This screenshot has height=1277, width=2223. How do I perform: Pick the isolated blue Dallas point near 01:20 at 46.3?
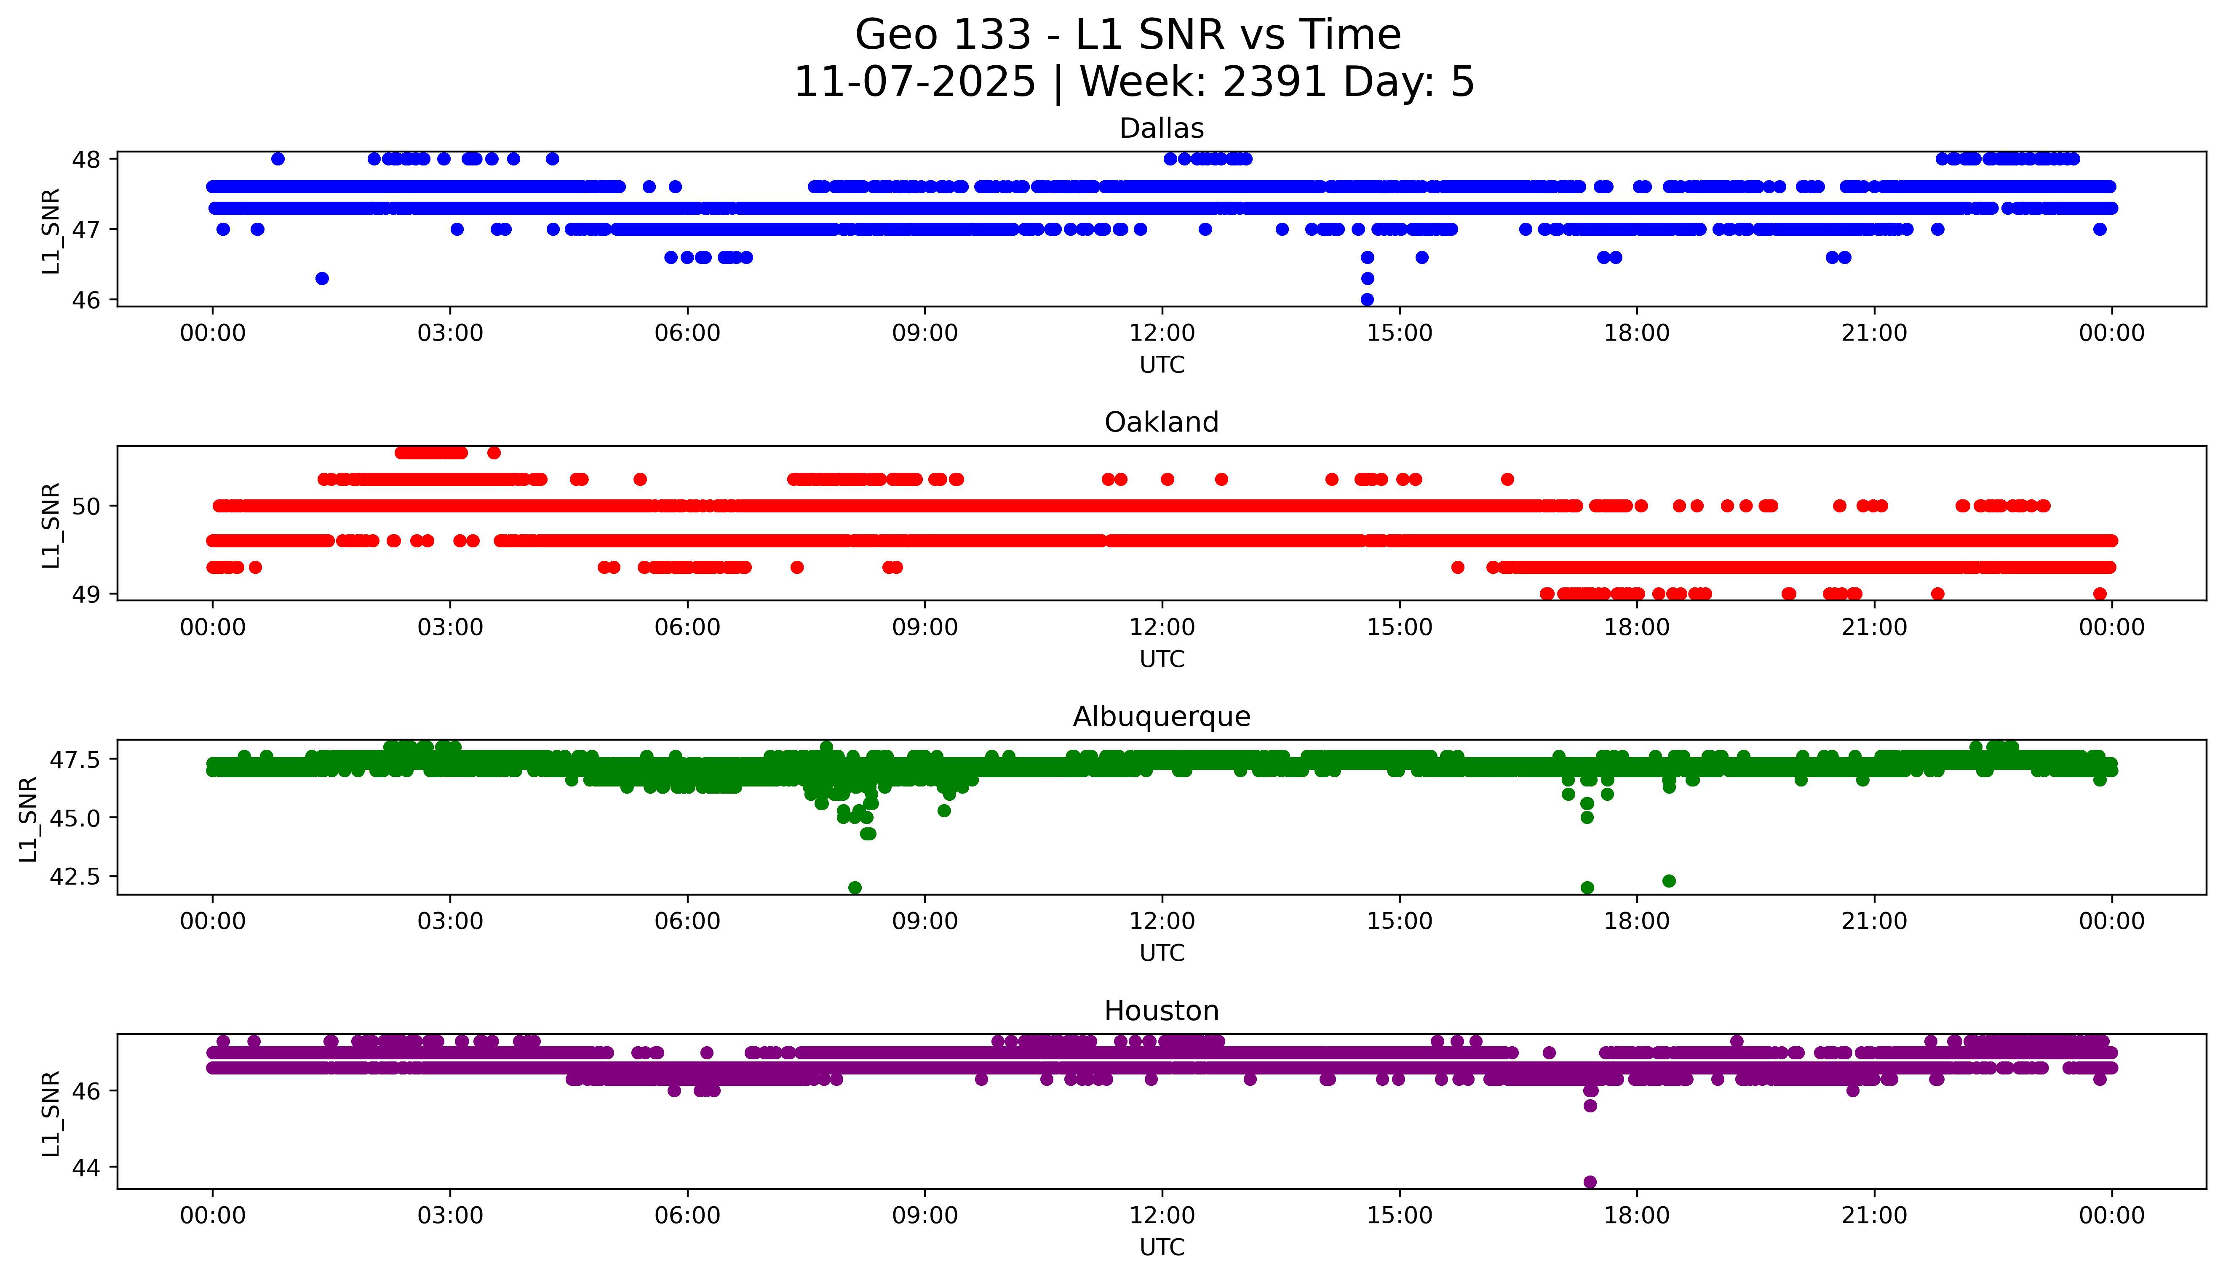[322, 278]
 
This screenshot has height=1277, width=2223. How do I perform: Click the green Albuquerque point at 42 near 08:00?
[855, 888]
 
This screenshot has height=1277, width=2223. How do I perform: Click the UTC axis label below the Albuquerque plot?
[1162, 953]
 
